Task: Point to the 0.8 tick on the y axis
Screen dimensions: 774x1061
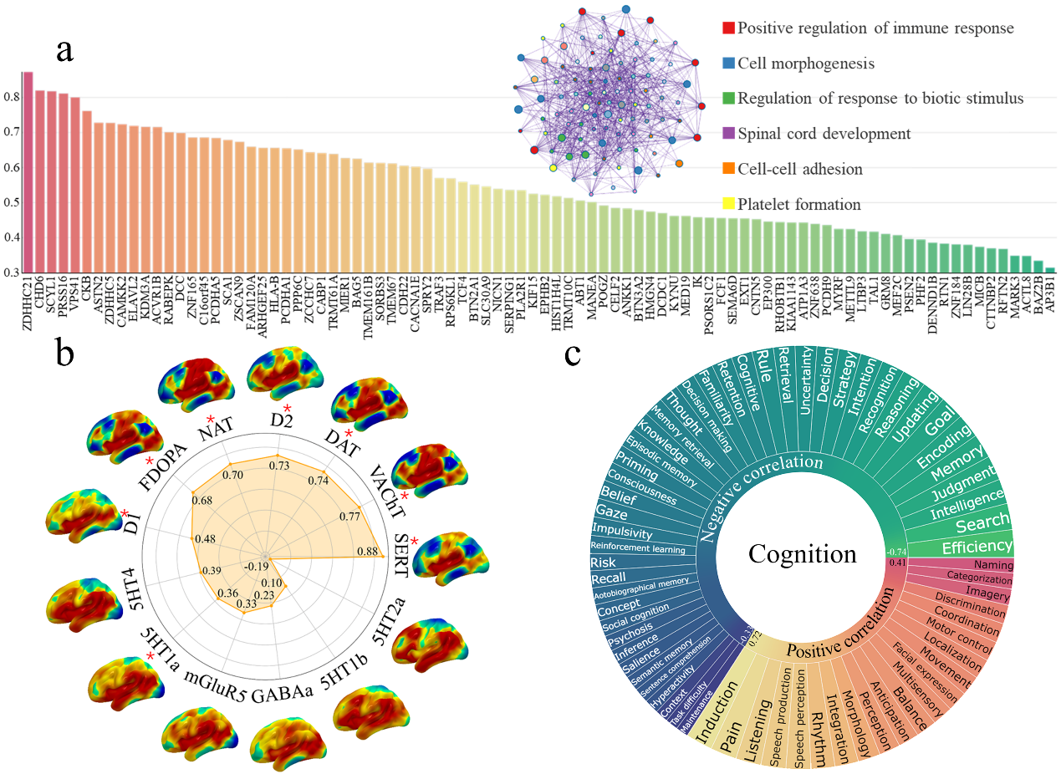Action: coord(12,97)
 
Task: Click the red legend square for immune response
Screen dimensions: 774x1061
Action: coord(729,28)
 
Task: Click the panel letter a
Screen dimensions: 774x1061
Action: coord(65,50)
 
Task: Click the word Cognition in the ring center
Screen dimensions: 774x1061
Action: coord(803,553)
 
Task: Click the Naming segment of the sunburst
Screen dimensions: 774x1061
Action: coord(987,565)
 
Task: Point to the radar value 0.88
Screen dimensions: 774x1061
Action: coord(366,551)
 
